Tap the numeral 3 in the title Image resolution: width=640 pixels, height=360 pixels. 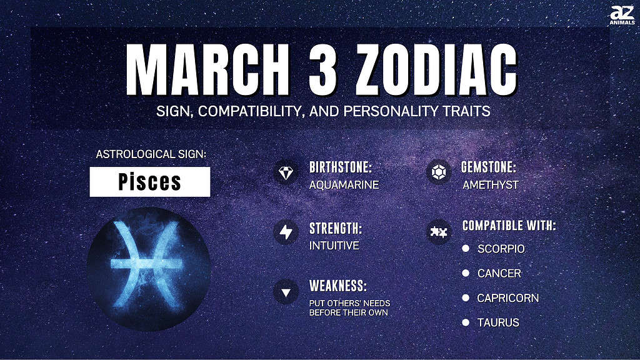click(x=323, y=69)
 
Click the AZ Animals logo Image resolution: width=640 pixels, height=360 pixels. click(x=622, y=15)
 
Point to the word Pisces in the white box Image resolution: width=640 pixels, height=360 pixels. click(x=150, y=182)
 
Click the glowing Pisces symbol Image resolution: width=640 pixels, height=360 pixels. click(x=147, y=265)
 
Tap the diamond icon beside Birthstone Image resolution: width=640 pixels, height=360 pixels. click(x=286, y=172)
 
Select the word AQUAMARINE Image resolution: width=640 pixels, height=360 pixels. click(x=344, y=185)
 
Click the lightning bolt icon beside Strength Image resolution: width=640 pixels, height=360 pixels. click(x=286, y=232)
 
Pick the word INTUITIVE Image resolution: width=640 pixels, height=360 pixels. click(x=334, y=245)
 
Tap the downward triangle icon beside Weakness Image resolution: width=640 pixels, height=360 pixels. click(x=286, y=292)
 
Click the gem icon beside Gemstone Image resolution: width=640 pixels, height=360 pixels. click(x=439, y=172)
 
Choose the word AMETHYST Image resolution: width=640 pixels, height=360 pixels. click(x=491, y=185)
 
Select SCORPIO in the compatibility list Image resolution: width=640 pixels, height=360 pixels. click(x=501, y=249)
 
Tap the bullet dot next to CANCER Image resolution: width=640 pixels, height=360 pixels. click(x=466, y=273)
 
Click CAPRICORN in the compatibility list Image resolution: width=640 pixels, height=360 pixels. click(x=507, y=298)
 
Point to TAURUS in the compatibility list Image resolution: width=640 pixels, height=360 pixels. click(x=498, y=322)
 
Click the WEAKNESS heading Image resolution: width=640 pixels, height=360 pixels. click(x=338, y=286)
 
